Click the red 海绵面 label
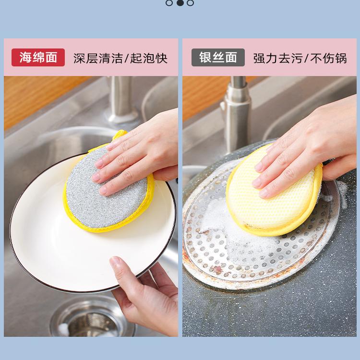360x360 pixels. [38, 58]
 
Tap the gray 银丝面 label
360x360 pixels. [218, 58]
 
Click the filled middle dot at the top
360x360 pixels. [180, 3]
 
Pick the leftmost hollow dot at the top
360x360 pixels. [169, 3]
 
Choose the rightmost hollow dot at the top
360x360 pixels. [191, 3]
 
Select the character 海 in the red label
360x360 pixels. [25, 58]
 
